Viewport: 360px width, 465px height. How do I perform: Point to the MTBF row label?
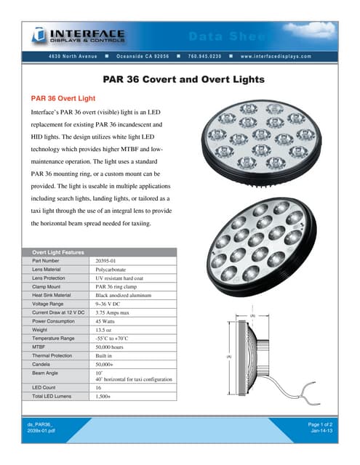tap(40, 347)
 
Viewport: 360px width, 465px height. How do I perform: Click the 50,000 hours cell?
tap(114, 347)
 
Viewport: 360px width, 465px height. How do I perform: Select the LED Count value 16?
tap(99, 388)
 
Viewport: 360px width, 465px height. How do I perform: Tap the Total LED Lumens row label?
tap(52, 397)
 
